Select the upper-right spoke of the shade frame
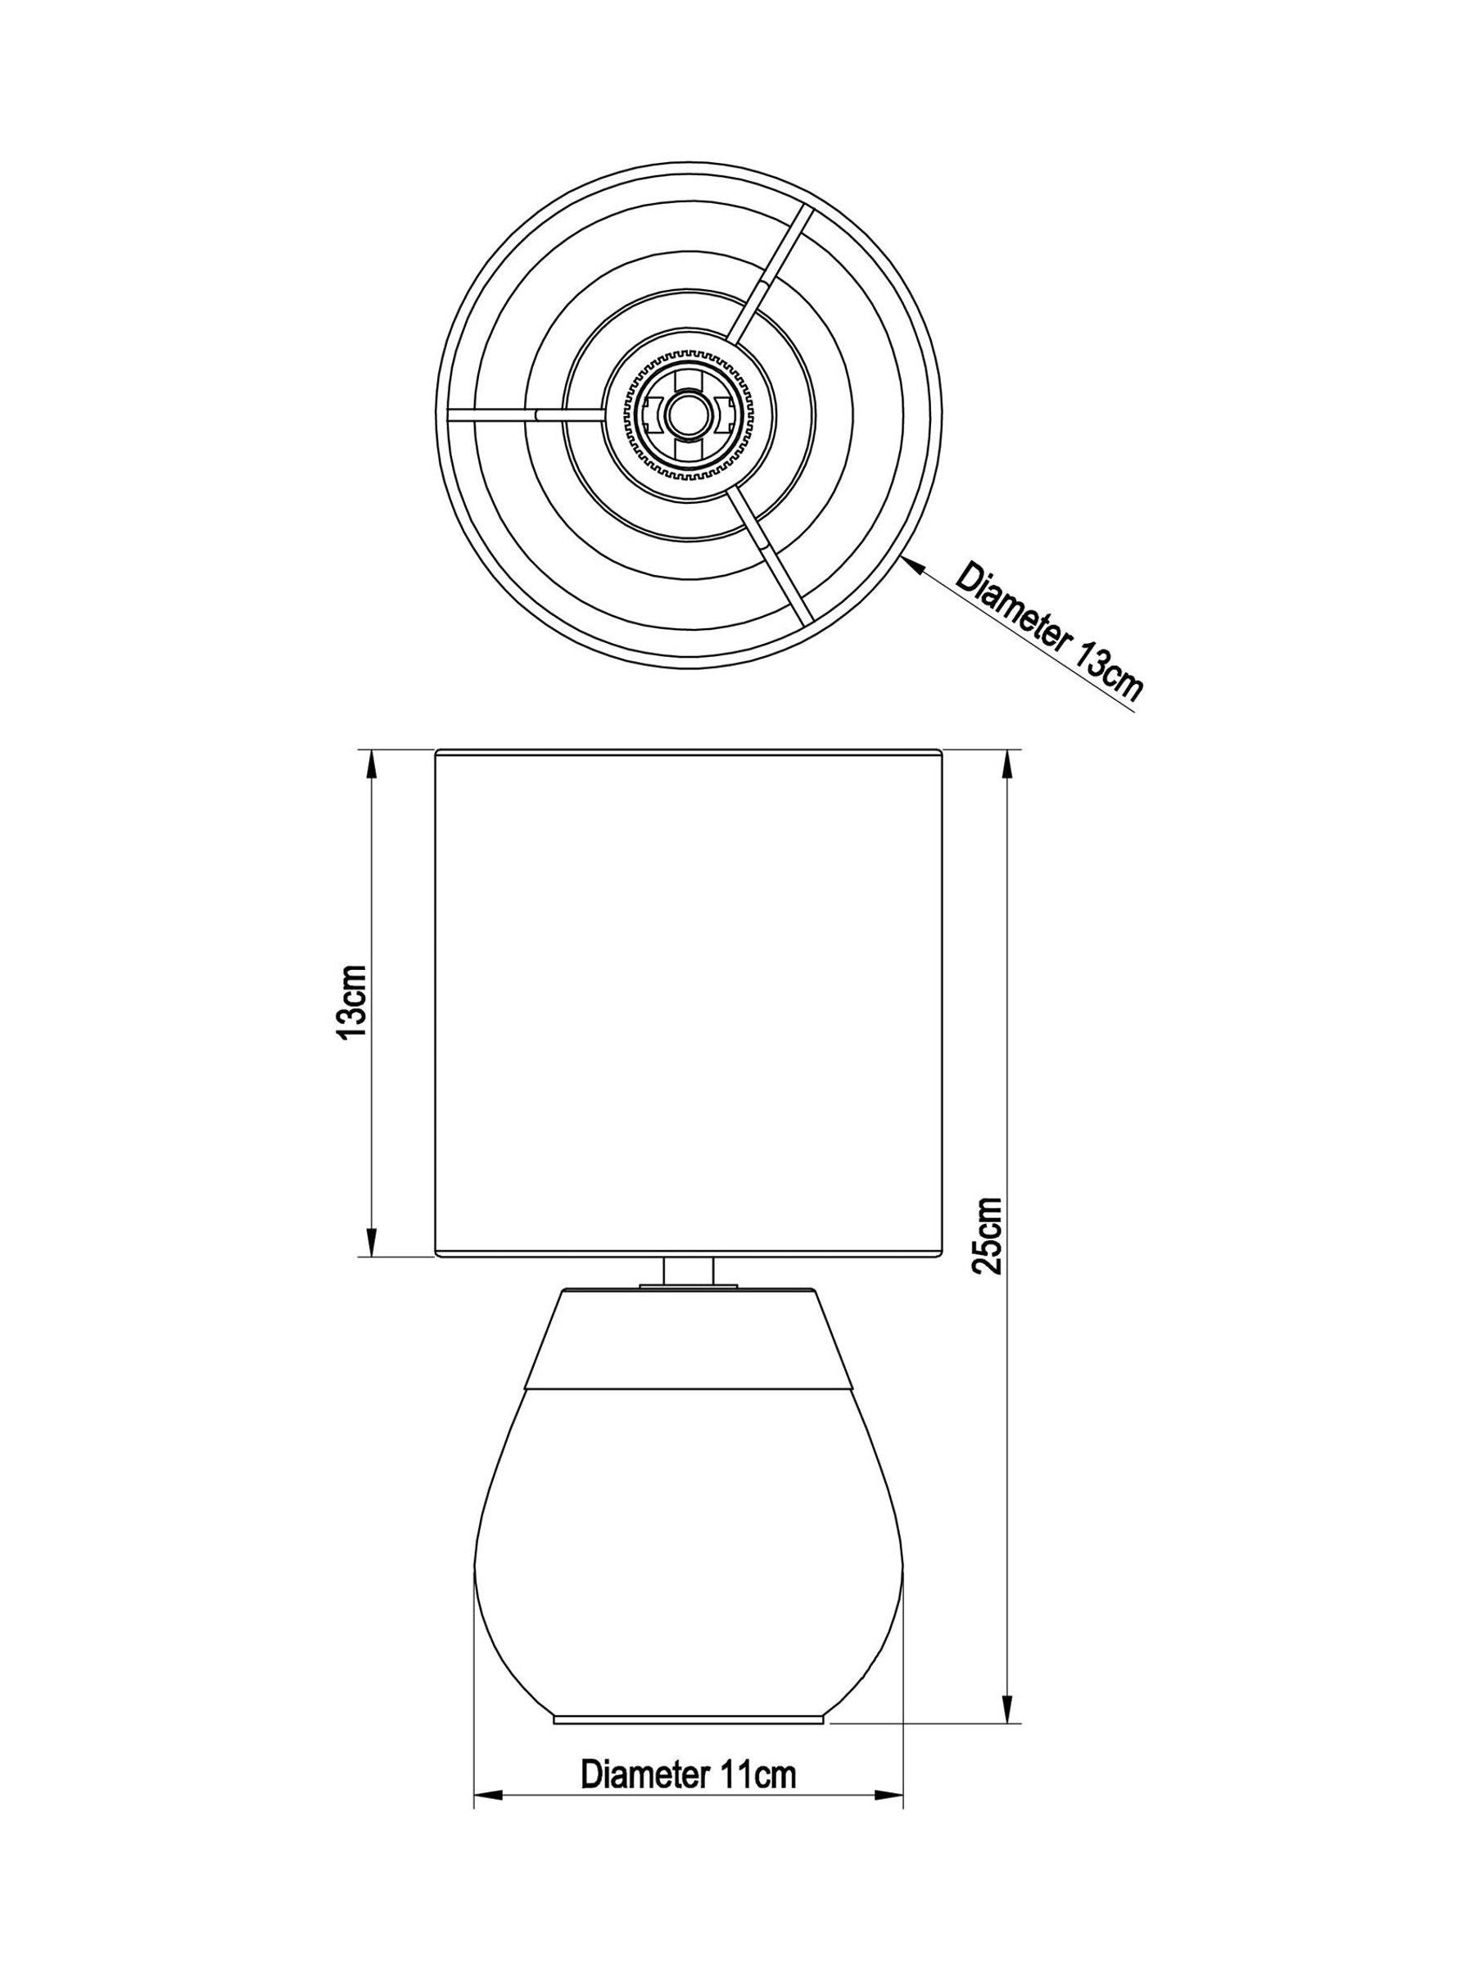771,273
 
